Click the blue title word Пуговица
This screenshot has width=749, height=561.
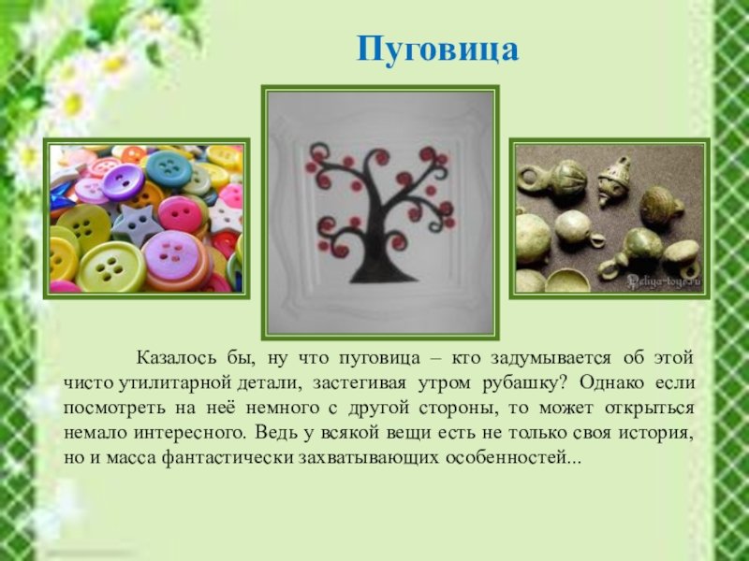pyautogui.click(x=437, y=50)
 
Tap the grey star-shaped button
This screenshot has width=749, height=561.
pyautogui.click(x=137, y=223)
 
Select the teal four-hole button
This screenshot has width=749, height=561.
pyautogui.click(x=169, y=168)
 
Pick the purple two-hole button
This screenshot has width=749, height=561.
pyautogui.click(x=124, y=182)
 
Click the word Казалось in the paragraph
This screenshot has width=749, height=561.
pyautogui.click(x=176, y=358)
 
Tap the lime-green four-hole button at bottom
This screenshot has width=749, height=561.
pyautogui.click(x=110, y=267)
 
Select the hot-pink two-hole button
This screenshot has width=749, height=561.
pyautogui.click(x=181, y=214)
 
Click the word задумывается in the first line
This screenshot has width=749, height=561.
pyautogui.click(x=551, y=359)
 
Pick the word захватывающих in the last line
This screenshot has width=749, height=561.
pyautogui.click(x=369, y=458)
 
